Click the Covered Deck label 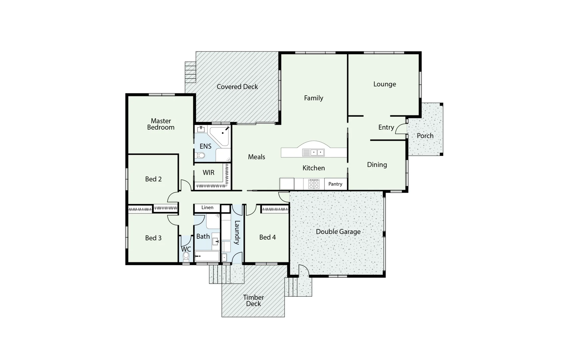point(237,87)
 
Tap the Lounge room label point(385,84)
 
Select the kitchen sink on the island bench point(314,153)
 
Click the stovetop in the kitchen point(314,184)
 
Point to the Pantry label point(335,184)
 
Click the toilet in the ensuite point(201,155)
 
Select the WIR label point(208,173)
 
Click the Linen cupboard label point(207,207)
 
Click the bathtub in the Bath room point(207,256)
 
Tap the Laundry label point(237,233)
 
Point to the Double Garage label point(338,232)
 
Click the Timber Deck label point(253,300)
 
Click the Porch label point(425,136)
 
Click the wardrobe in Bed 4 point(275,209)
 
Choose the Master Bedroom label point(161,124)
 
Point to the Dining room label point(377,165)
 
